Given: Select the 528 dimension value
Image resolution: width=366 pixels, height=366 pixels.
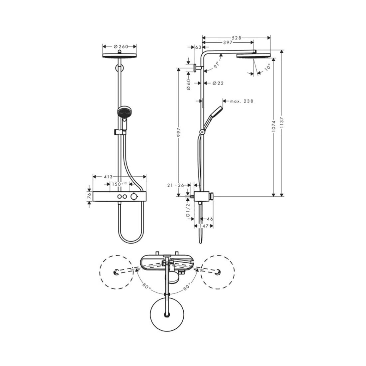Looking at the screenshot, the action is pos(237,38).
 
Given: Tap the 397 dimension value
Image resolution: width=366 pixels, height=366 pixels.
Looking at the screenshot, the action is pos(228,43).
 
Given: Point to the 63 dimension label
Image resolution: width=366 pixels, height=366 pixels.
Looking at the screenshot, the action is pos(198,47).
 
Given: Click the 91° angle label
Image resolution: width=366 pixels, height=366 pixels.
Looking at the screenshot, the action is pos(216,64).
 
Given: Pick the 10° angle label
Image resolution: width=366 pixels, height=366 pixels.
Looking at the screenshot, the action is pos(267,67).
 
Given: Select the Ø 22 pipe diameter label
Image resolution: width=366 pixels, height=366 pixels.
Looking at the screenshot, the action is pos(218,83).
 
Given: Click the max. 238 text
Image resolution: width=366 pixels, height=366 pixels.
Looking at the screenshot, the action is pos(242,101).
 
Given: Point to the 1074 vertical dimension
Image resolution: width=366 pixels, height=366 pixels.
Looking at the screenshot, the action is pos(274,126).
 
